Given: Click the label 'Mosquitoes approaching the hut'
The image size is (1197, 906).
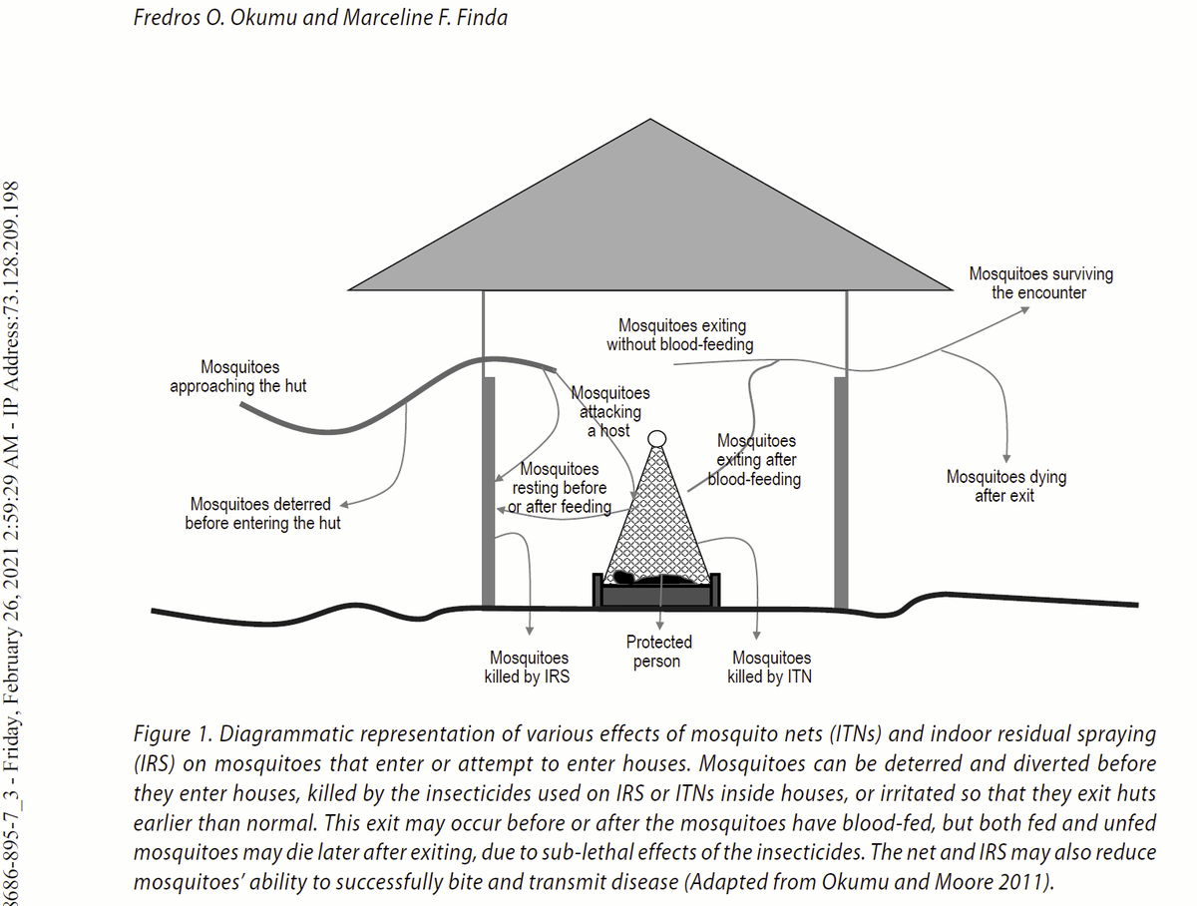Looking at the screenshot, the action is click(x=238, y=376).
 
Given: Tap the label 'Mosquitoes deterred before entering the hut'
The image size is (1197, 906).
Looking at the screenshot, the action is click(x=262, y=513).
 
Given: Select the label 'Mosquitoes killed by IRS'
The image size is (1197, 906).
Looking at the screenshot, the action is click(x=528, y=668).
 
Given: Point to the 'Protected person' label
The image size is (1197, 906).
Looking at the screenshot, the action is click(x=658, y=652).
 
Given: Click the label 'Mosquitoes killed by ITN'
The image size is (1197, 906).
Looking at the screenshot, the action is click(x=770, y=668).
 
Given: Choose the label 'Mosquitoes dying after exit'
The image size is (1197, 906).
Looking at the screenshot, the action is click(x=1006, y=486).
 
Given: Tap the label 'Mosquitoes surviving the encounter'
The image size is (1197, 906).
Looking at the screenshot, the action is click(x=1040, y=283).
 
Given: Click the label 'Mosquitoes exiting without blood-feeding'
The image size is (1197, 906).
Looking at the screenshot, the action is click(x=680, y=335).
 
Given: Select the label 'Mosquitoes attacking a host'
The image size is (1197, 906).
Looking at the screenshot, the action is click(x=610, y=412).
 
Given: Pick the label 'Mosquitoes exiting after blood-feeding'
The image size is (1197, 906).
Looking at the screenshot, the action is click(x=755, y=460).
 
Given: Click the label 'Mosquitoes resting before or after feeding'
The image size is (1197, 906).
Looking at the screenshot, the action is click(x=560, y=488).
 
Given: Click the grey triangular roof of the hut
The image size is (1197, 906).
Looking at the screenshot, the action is click(x=650, y=229).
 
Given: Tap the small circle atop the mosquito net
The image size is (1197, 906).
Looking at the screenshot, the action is click(x=657, y=439).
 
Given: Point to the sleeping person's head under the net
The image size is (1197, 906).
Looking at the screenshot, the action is click(x=622, y=577).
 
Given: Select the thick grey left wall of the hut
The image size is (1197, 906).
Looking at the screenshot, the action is click(x=489, y=492).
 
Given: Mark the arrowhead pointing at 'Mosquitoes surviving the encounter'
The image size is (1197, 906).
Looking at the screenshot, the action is click(x=1024, y=310).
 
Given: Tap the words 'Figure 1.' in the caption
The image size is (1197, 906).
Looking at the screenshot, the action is click(x=174, y=733).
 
